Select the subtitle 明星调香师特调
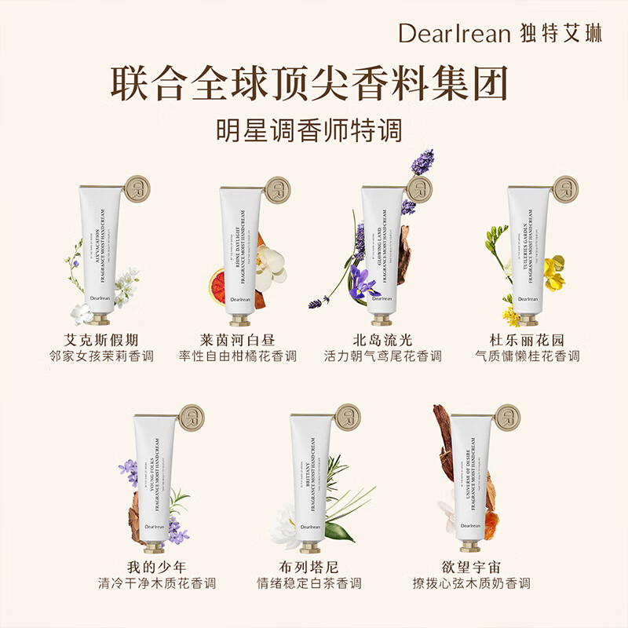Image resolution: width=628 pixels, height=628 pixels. point(314,130)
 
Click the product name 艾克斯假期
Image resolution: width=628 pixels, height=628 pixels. point(101,340)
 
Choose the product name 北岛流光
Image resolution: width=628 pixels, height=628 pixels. point(382,340)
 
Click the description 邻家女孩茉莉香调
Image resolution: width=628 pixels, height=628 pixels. point(101,356)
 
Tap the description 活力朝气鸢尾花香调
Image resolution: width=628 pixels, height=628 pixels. point(382,356)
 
